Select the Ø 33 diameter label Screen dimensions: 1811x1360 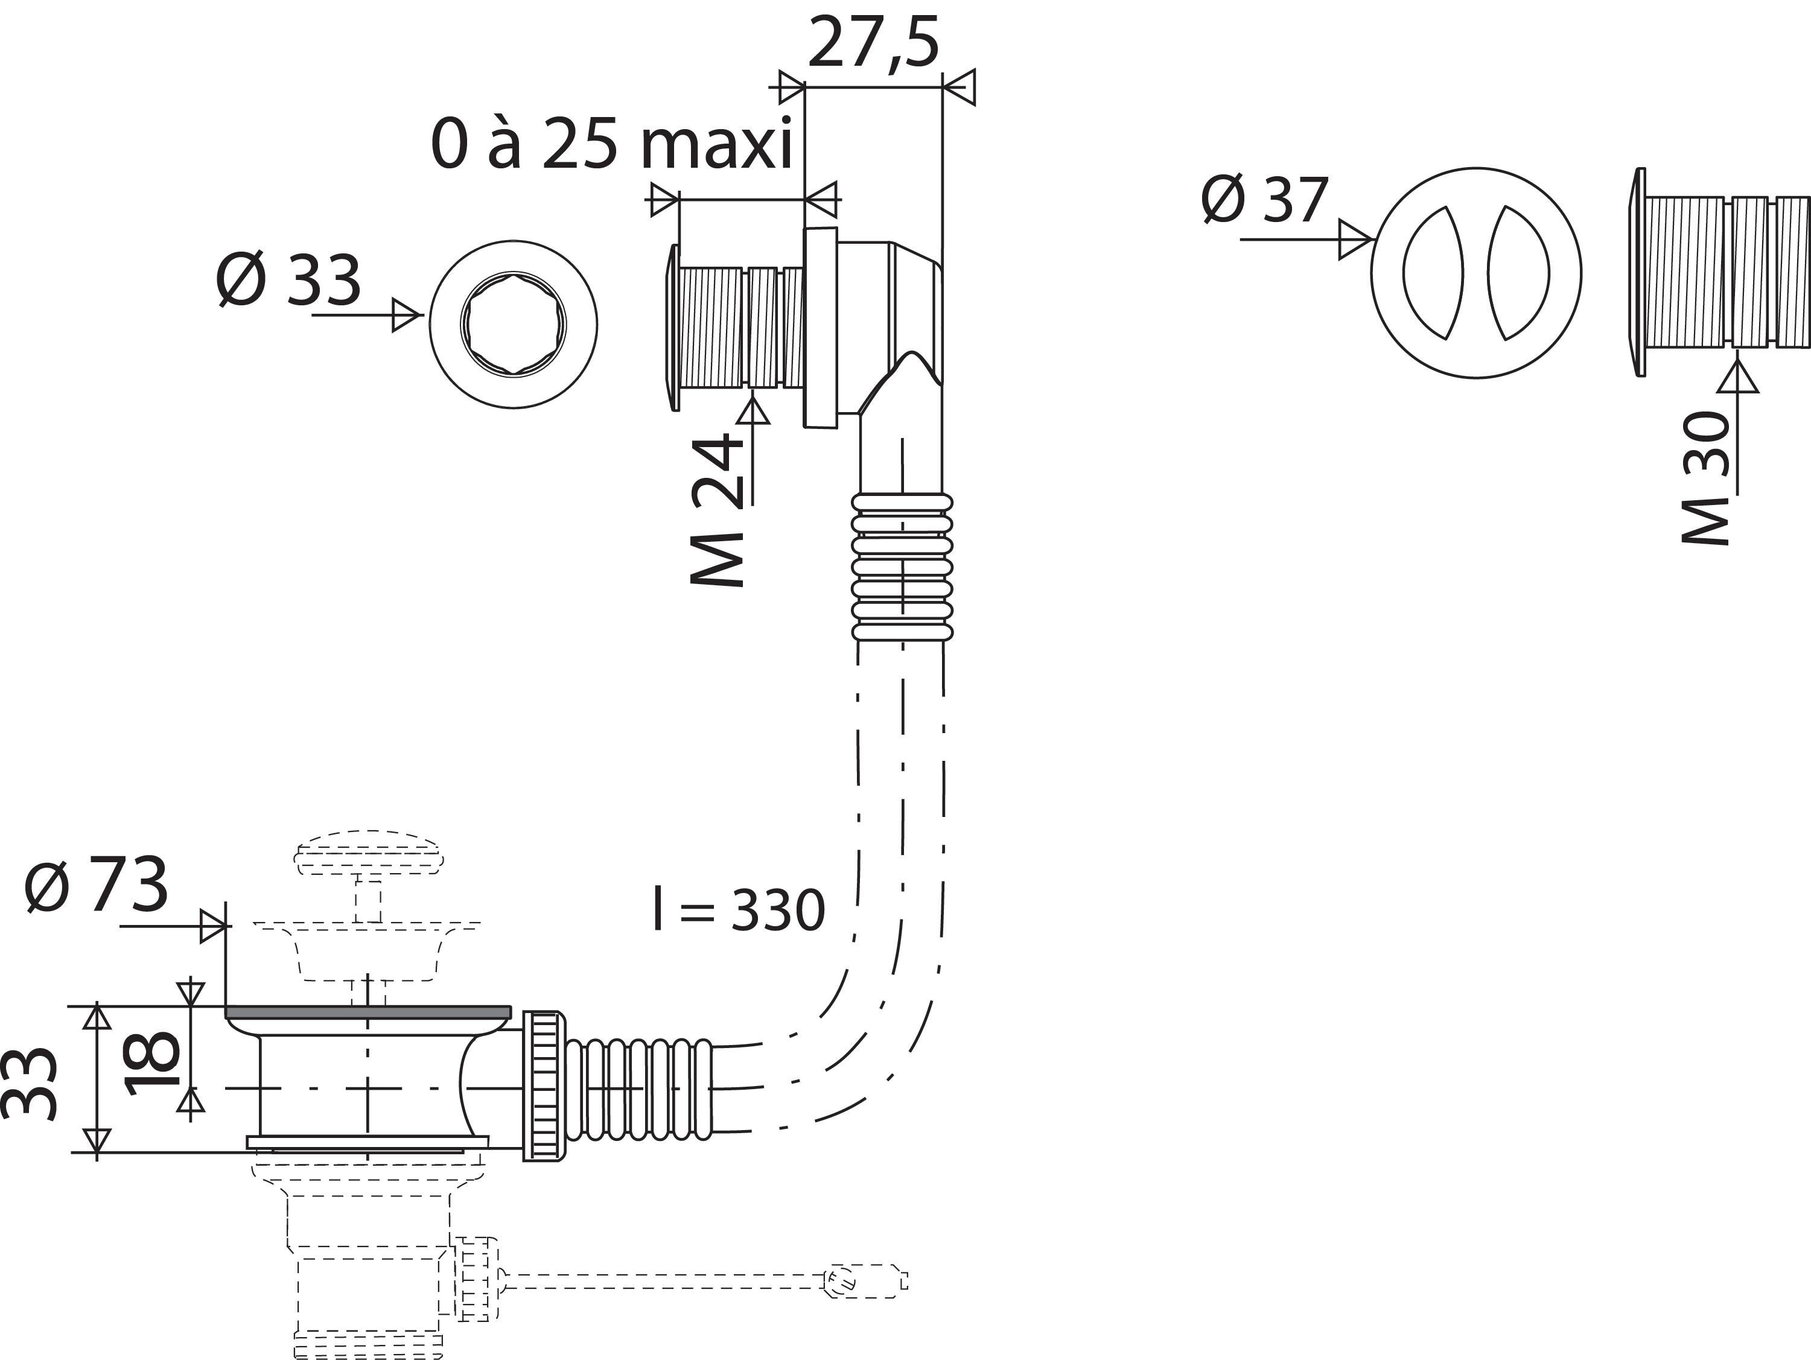click(x=288, y=280)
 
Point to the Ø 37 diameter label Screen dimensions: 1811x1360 click(x=1264, y=199)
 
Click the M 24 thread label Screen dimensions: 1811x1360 click(x=717, y=509)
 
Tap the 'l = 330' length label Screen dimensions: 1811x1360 click(x=739, y=910)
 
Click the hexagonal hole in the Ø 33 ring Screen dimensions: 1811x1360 click(x=514, y=324)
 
